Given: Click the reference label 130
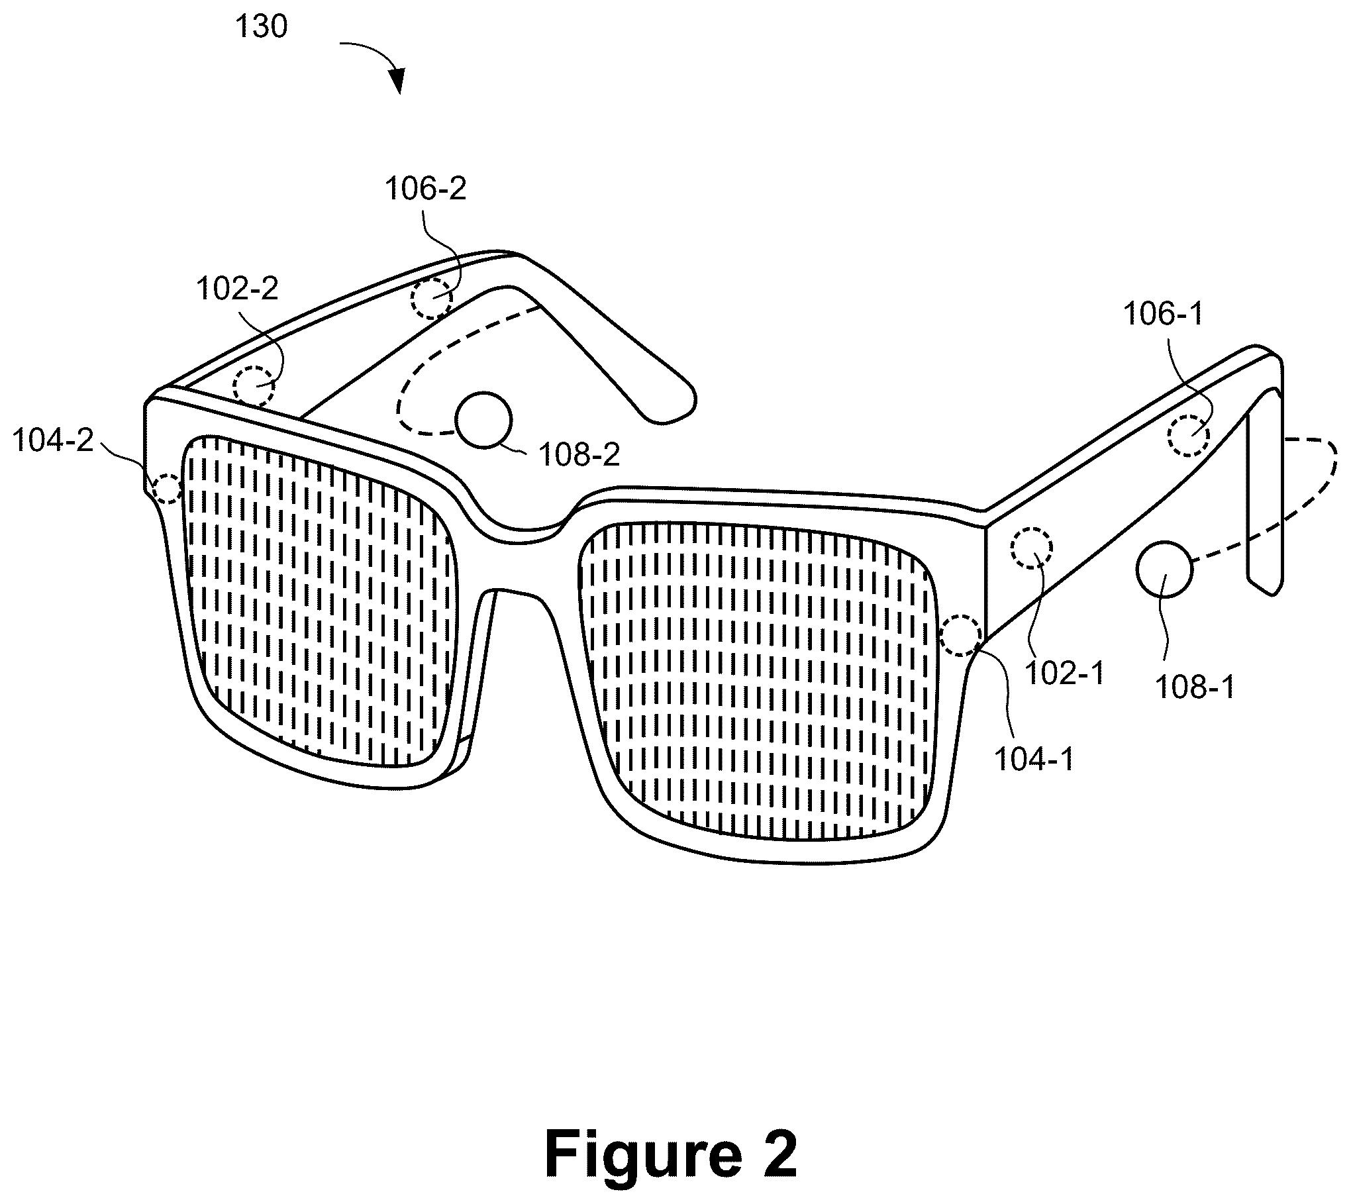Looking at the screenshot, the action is pyautogui.click(x=262, y=27).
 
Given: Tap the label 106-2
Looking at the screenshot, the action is pyautogui.click(x=426, y=189).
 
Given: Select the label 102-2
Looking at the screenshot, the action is pyautogui.click(x=237, y=289).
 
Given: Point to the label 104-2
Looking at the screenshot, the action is pyautogui.click(x=53, y=440).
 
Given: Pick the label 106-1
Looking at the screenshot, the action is pyautogui.click(x=1163, y=314).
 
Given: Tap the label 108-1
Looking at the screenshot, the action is pyautogui.click(x=1195, y=687).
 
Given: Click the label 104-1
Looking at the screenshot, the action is pyautogui.click(x=1034, y=760).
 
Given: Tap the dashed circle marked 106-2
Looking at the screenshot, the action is pyautogui.click(x=432, y=299).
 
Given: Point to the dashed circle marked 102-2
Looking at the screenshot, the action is pyautogui.click(x=254, y=386).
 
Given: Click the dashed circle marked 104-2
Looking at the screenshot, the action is pyautogui.click(x=167, y=489).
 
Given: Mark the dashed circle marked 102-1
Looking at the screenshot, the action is pyautogui.click(x=1032, y=548).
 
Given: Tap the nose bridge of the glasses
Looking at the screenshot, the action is pyautogui.click(x=520, y=560).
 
